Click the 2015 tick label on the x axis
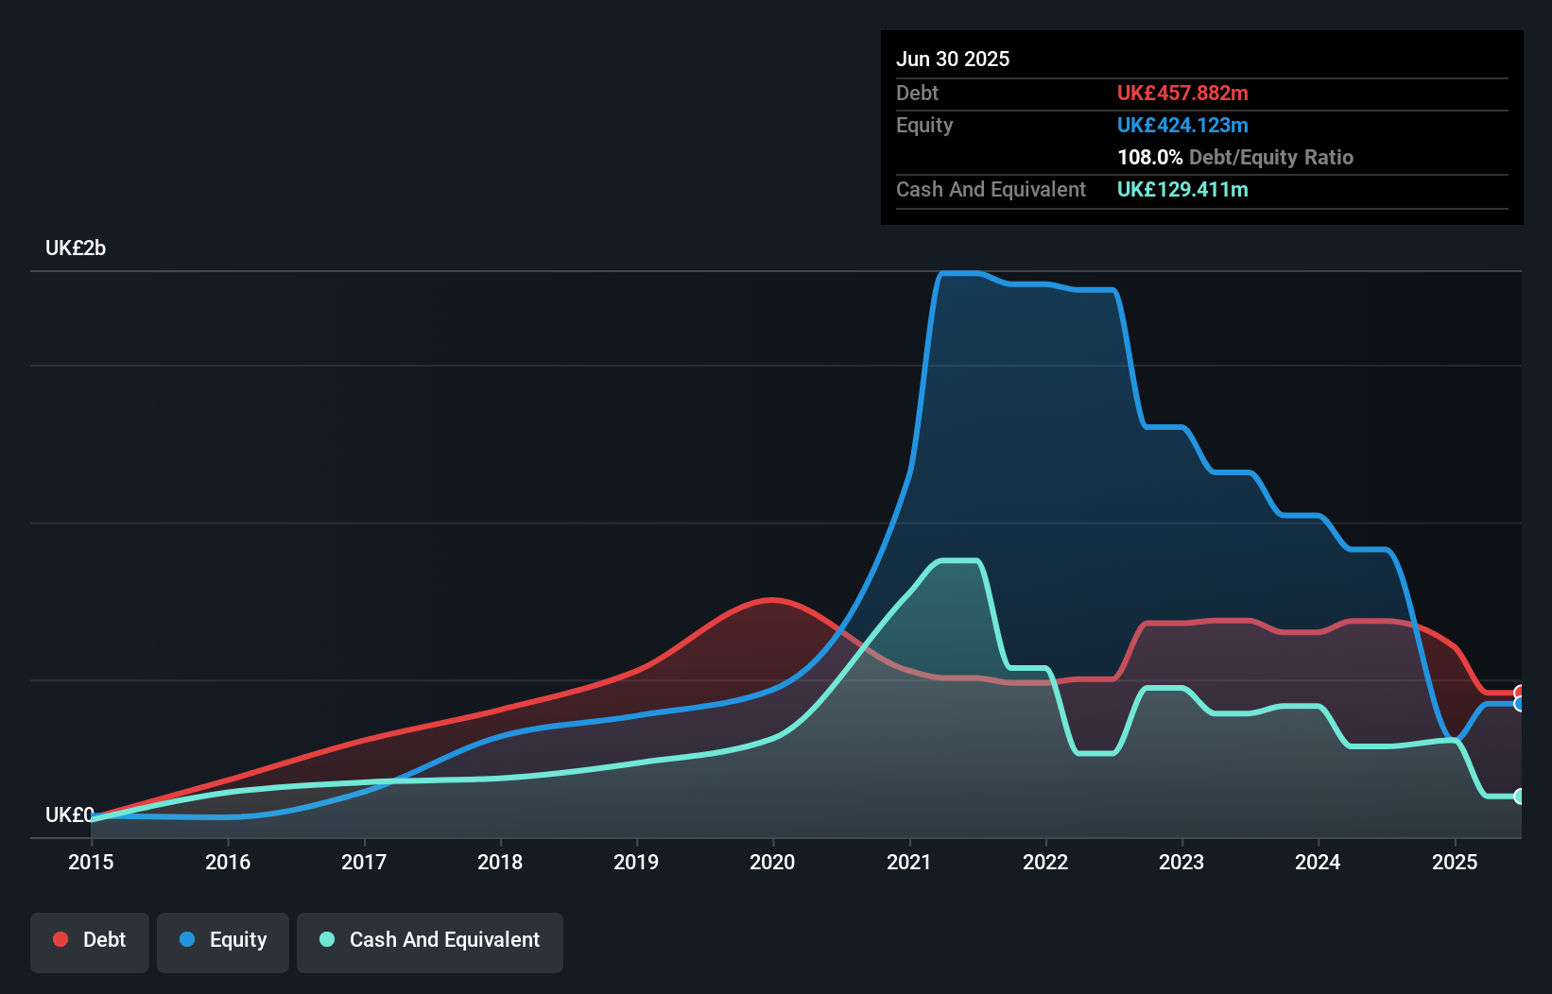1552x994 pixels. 91,862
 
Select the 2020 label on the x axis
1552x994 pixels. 772,862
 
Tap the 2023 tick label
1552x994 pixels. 1181,862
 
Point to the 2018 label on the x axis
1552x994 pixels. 500,862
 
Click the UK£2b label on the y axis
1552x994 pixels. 76,248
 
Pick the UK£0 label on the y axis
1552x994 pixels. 69,814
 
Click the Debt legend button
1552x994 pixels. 90,940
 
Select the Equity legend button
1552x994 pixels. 223,940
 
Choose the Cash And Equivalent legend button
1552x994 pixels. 430,940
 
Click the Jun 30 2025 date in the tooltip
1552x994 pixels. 953,59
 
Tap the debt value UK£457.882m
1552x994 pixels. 1182,93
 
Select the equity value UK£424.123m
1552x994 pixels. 1182,125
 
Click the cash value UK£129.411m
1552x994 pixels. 1182,189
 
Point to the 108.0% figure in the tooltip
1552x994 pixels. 1149,157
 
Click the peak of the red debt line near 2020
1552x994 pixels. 772,599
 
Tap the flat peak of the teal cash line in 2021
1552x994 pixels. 957,561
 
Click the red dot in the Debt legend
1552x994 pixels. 60,939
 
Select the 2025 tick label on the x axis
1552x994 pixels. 1455,862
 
